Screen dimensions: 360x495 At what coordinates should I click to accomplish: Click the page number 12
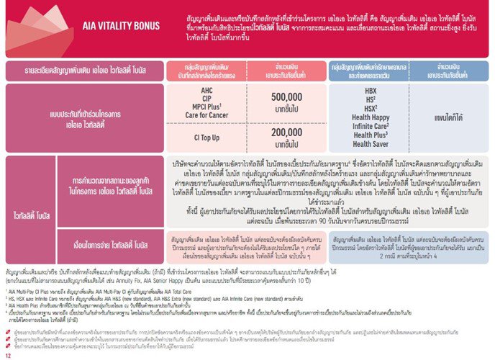[x=9, y=354]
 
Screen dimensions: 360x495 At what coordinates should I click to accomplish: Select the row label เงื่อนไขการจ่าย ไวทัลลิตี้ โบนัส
[x=101, y=224]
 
